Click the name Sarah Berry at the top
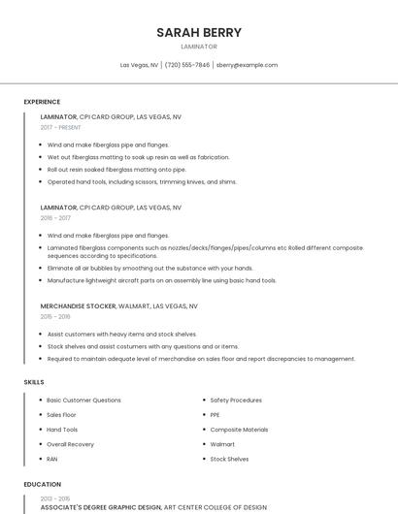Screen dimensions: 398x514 tap(199, 32)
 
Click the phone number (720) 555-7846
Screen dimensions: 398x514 tap(187, 65)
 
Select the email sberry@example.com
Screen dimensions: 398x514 tap(247, 65)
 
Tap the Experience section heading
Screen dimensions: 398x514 tap(42, 102)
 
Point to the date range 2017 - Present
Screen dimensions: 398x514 tap(60, 127)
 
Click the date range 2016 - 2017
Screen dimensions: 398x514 tap(55, 218)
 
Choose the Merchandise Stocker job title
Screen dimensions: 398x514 tap(78, 305)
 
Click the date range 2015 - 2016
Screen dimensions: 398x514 tap(55, 316)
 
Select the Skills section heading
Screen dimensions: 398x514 tap(34, 382)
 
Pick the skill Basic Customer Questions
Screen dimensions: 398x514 tap(83, 400)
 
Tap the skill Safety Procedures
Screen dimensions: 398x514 tap(236, 400)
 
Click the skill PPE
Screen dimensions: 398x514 tap(216, 414)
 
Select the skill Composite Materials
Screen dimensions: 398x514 tap(239, 429)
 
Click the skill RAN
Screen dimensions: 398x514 tap(52, 459)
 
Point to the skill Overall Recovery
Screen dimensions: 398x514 tap(71, 444)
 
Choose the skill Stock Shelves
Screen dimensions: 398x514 tap(230, 459)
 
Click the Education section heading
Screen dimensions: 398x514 tap(42, 484)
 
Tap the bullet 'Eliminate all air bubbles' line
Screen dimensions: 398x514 tap(149, 268)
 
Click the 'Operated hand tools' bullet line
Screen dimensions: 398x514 tap(142, 181)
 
